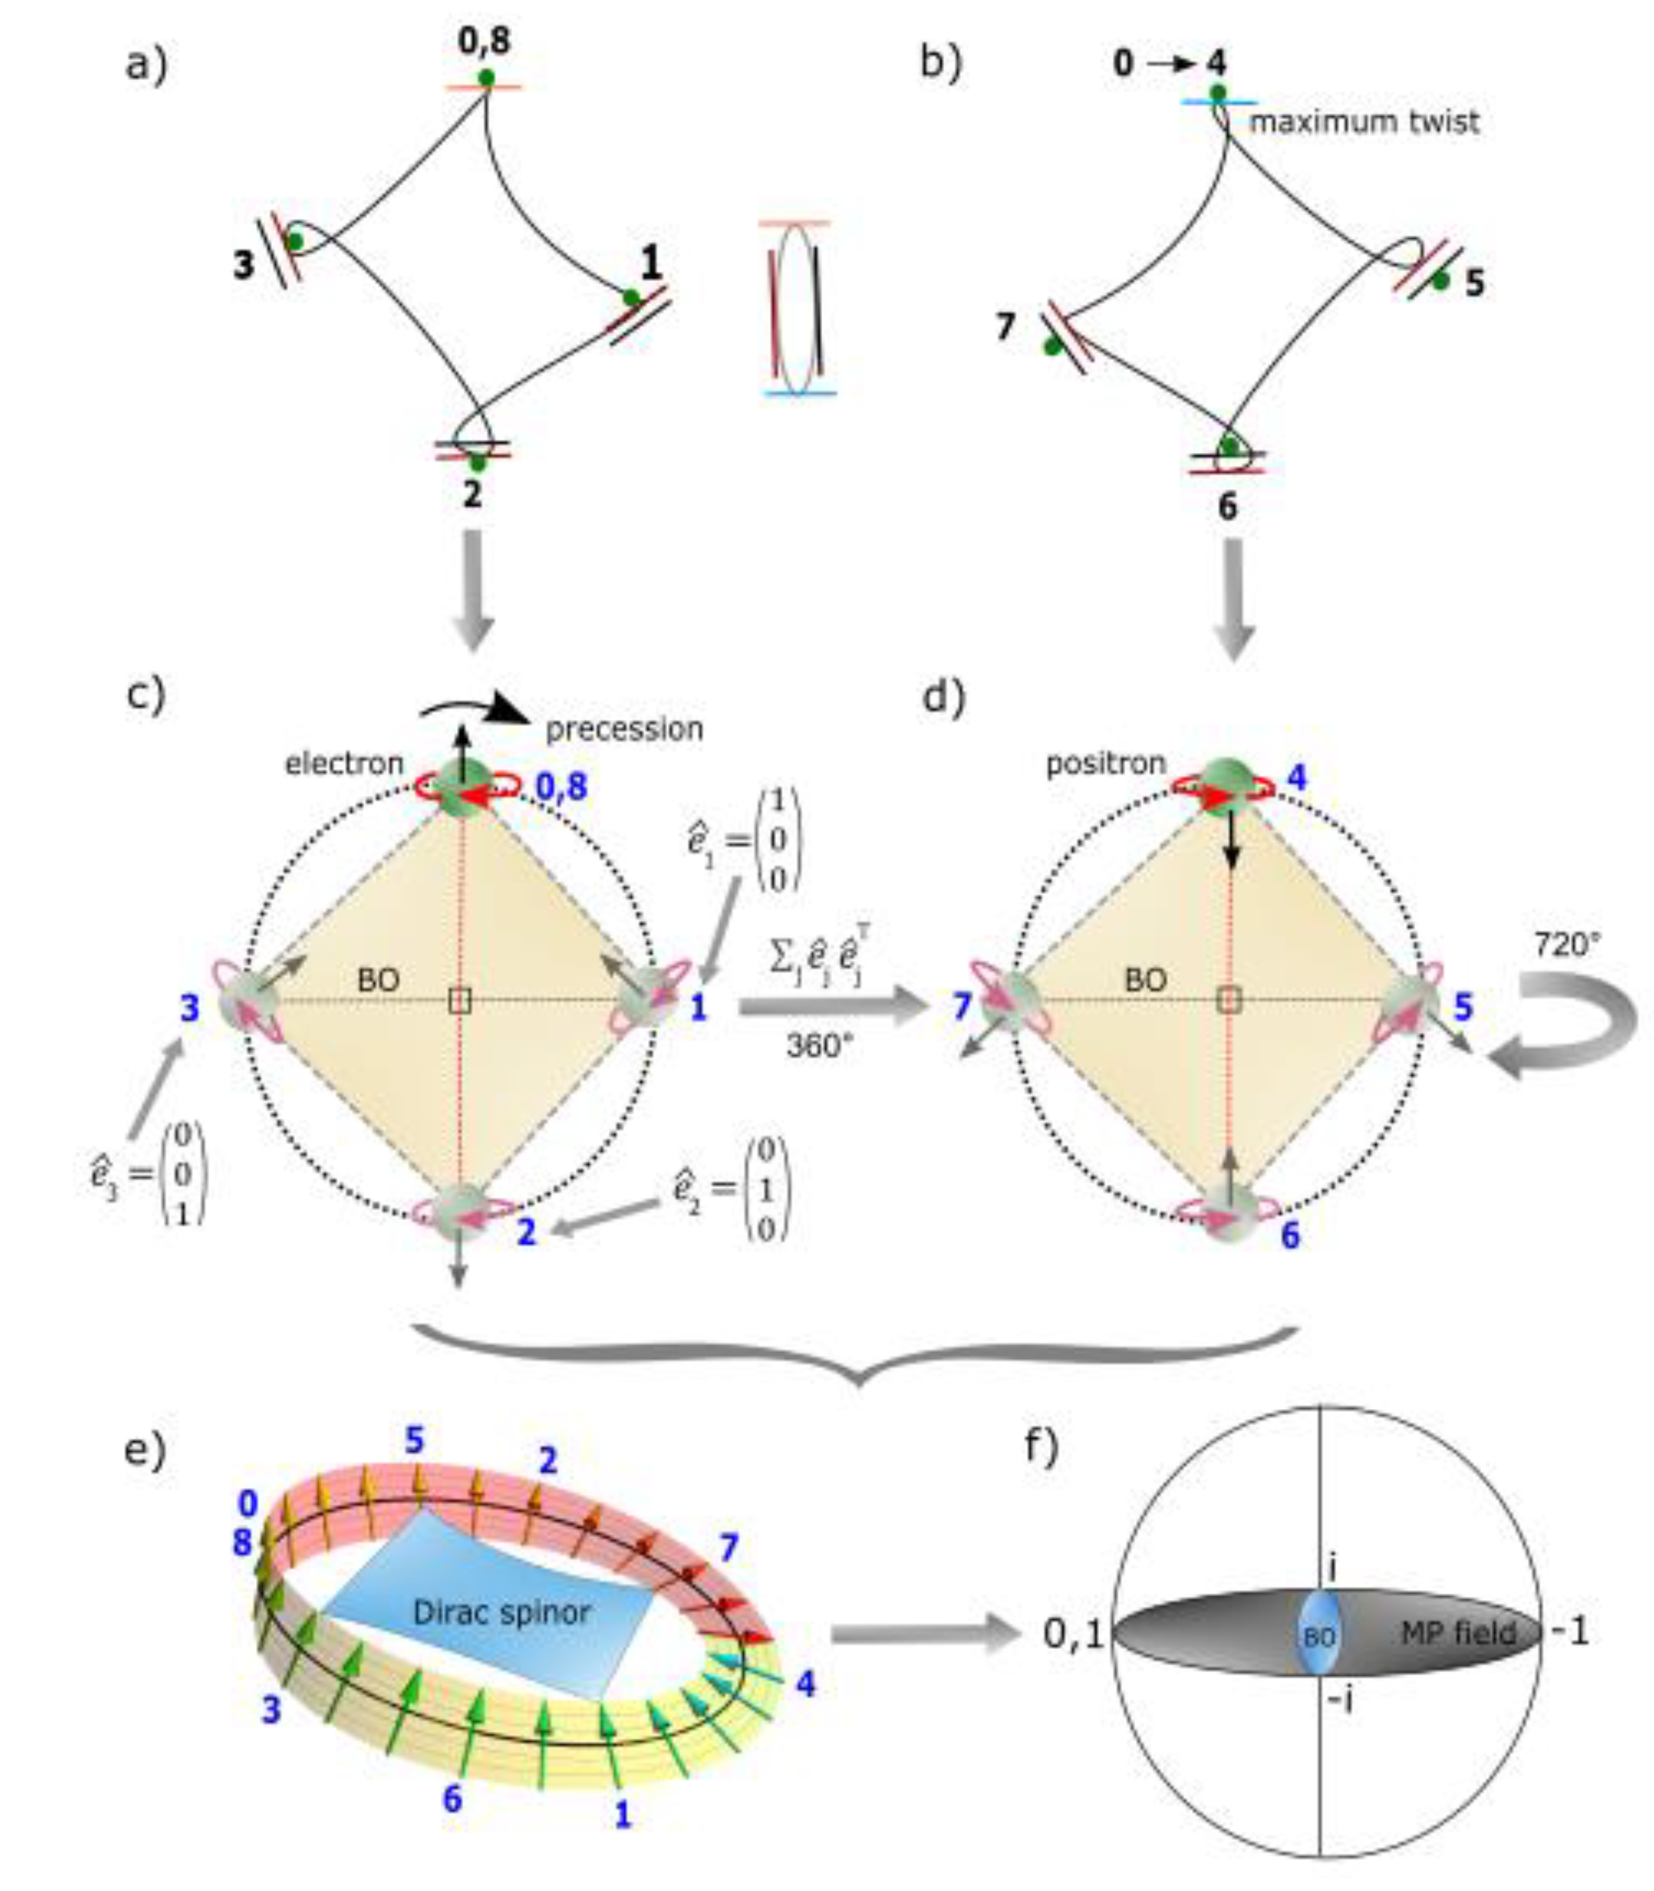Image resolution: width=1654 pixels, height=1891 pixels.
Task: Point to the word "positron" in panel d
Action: [1105, 763]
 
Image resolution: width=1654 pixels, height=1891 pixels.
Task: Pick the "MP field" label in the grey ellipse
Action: [1458, 1633]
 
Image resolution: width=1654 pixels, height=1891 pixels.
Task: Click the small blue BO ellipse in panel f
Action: [1318, 1633]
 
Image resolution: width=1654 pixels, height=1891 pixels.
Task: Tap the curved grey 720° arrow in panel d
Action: [1569, 1025]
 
